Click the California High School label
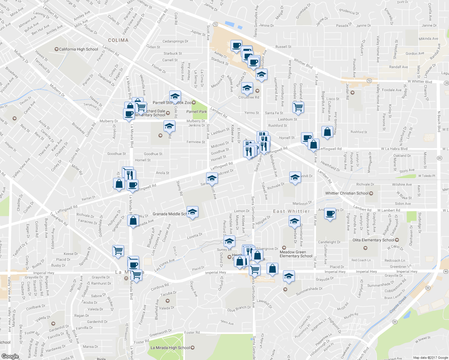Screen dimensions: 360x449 coord(78,49)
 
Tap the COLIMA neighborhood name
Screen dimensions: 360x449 coord(118,40)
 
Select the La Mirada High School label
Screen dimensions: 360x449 coord(170,348)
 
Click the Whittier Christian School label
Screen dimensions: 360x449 coord(347,193)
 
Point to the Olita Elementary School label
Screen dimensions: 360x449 coord(373,240)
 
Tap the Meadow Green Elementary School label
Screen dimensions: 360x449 coord(296,254)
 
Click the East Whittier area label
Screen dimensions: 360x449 coord(291,211)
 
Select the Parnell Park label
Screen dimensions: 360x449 coord(197,112)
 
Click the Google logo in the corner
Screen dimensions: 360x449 coord(10,356)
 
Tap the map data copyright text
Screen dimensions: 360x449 coord(430,358)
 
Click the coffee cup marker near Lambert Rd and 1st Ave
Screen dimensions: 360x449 coord(330,214)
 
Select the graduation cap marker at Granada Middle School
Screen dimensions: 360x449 coord(192,212)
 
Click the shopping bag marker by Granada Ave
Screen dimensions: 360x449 coord(133,221)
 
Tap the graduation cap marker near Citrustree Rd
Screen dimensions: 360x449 coord(247,88)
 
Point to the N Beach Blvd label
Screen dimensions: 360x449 coord(439,121)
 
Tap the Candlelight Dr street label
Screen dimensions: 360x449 coord(329,242)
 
